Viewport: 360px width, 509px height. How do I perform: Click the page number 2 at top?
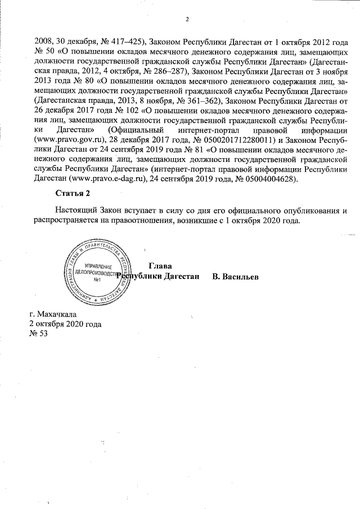[x=186, y=20]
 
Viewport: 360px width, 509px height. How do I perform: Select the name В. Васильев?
[x=236, y=277]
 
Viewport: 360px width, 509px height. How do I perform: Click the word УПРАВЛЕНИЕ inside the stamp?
[x=98, y=265]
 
